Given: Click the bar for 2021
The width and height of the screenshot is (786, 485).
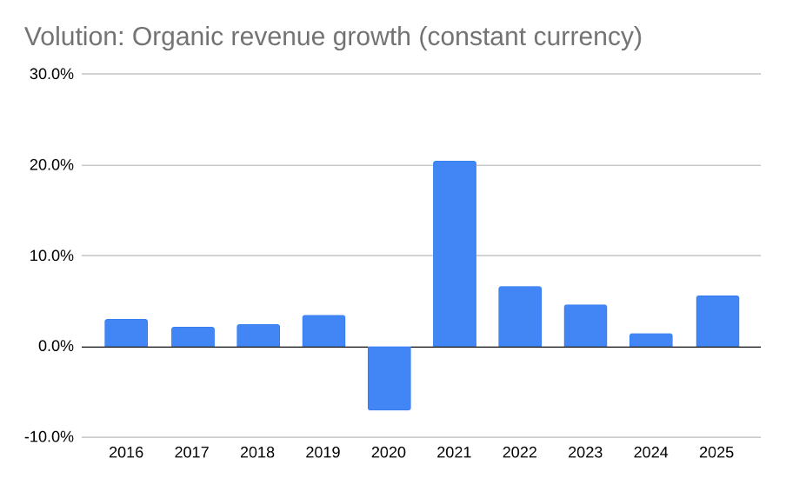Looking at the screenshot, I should click(454, 254).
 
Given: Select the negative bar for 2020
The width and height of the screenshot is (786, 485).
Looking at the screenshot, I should click(389, 378).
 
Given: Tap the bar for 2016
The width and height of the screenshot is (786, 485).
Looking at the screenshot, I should click(126, 333).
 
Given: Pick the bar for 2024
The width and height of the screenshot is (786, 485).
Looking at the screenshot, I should click(650, 340).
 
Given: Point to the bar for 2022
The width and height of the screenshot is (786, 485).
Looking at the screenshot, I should click(520, 316).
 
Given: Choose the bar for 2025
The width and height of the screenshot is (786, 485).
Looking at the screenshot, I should click(717, 322).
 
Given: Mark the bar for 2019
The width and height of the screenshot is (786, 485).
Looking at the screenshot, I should click(323, 331).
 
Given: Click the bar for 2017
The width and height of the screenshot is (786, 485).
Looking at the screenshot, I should click(192, 336).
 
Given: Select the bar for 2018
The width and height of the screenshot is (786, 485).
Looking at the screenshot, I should click(258, 336).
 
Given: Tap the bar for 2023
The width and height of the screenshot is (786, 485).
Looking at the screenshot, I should click(585, 326).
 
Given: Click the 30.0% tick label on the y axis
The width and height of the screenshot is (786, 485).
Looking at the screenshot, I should click(51, 74).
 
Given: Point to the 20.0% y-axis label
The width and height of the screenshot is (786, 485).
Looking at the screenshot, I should click(51, 165).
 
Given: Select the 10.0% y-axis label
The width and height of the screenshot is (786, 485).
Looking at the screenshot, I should click(51, 256).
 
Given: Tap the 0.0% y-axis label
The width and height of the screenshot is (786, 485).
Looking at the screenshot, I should click(55, 347).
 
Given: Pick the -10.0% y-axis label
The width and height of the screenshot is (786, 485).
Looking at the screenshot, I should click(49, 437).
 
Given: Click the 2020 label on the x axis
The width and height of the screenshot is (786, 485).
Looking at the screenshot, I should click(389, 453).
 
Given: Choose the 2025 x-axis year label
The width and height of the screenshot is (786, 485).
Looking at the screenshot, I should click(717, 453).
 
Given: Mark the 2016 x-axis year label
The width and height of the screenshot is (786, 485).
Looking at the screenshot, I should click(126, 453).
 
